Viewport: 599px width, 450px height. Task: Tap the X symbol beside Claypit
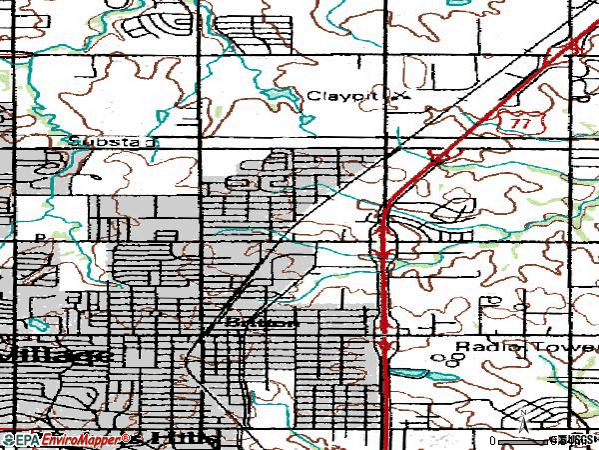tap(403, 96)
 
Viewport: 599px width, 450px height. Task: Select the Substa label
tap(107, 142)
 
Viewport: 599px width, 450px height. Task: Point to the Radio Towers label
tap(525, 347)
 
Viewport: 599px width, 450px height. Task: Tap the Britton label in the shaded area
tap(263, 323)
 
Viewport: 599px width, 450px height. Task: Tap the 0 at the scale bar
tap(492, 440)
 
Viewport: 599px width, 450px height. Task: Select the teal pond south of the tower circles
tap(430, 376)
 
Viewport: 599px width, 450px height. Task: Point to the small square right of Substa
tap(152, 142)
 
